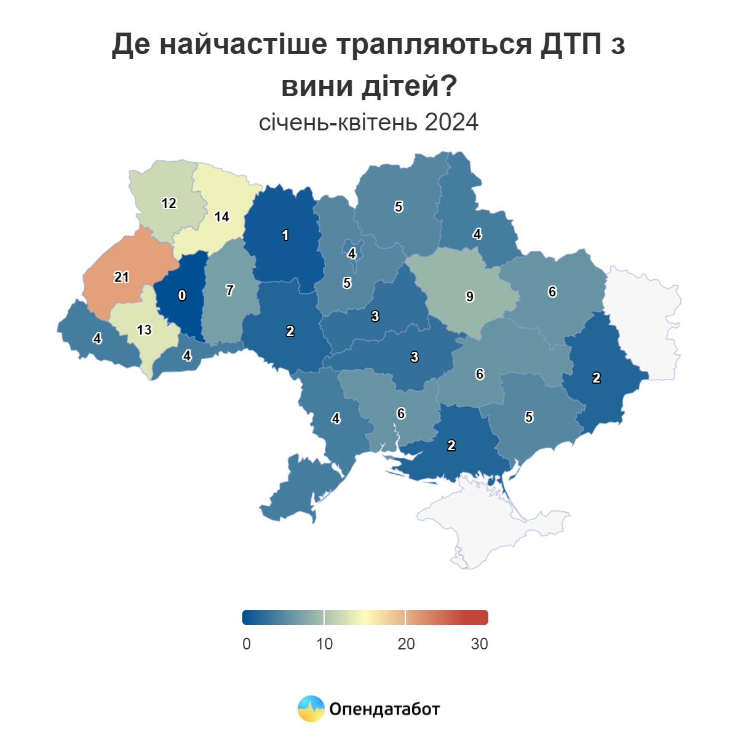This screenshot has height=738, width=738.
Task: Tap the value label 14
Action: point(221,216)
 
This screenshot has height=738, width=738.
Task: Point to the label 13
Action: point(144,330)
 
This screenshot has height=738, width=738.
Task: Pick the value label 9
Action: point(470,297)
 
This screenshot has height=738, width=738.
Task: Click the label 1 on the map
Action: point(285,235)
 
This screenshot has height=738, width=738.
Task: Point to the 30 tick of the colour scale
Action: point(479,644)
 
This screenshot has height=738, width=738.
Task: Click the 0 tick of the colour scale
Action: point(247,644)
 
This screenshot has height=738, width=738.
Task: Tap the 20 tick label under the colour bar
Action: point(406,644)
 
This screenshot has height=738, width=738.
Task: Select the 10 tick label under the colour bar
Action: point(324,644)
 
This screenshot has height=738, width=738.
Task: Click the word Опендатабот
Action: point(384,709)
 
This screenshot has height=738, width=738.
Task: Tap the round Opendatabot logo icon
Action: point(311,708)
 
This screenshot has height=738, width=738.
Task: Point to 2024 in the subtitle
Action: point(451,122)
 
